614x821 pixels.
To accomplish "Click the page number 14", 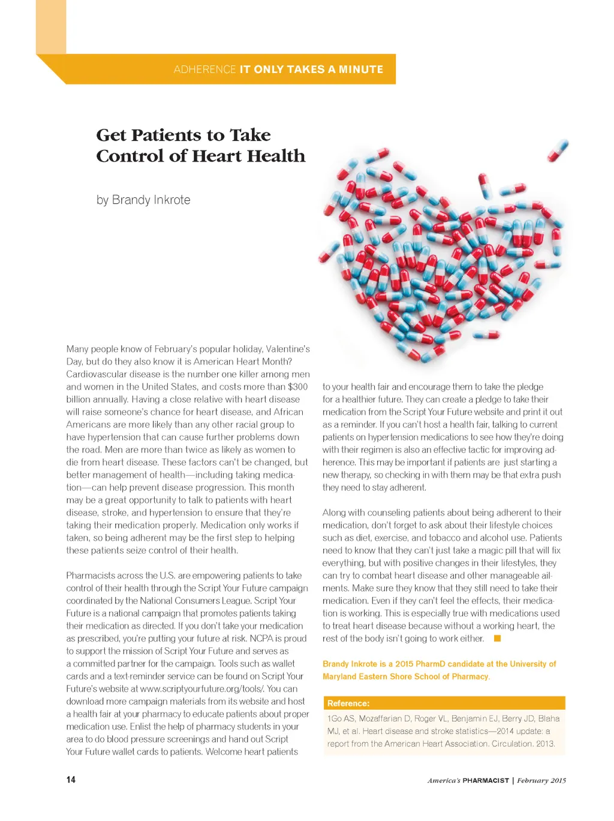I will point(71,779).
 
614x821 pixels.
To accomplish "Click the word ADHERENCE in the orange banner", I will point(204,70).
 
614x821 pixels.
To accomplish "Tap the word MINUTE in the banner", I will point(361,70).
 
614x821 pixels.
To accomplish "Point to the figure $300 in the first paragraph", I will point(297,387).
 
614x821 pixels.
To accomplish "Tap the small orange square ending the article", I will point(497,638).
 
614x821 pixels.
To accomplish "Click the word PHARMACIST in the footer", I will point(486,780).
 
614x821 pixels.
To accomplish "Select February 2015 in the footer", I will point(541,780).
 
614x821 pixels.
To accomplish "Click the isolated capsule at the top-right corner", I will point(558,150).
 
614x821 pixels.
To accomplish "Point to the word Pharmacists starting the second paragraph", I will point(91,575).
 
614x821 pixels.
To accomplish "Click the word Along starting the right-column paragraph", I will point(334,512).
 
